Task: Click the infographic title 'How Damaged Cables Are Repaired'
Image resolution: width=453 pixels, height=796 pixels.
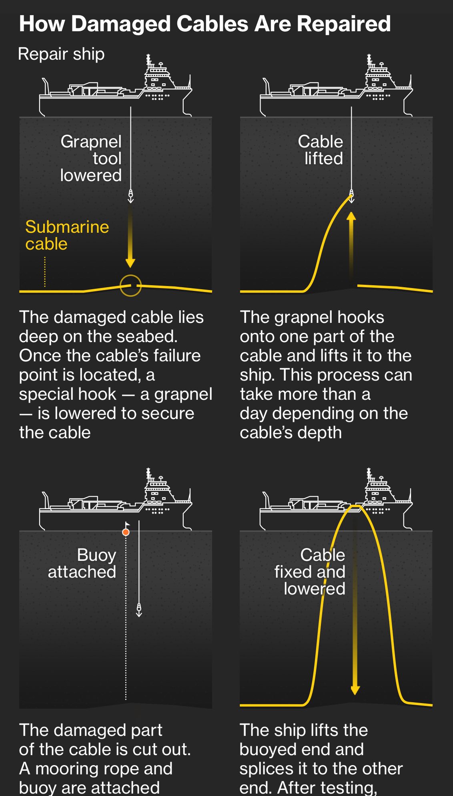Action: click(x=205, y=24)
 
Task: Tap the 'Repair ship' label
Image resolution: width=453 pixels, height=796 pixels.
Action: click(x=61, y=54)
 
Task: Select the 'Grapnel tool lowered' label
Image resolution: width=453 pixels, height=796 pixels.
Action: click(x=91, y=158)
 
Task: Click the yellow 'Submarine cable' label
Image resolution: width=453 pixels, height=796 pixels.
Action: click(x=67, y=235)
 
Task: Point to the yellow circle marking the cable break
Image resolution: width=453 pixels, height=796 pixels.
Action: click(x=130, y=286)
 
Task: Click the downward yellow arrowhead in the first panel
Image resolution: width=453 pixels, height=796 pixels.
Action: click(x=130, y=263)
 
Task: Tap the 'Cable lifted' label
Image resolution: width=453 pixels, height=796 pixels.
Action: click(x=321, y=150)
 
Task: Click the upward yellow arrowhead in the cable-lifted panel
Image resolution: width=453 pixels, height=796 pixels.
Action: click(x=351, y=217)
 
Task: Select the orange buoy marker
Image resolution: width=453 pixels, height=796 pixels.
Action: click(x=126, y=532)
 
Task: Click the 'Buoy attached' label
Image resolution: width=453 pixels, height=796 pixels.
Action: click(x=82, y=563)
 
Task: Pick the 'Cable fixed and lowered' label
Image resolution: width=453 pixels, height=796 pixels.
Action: click(x=310, y=572)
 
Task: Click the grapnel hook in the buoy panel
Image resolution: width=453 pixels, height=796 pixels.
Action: click(x=139, y=610)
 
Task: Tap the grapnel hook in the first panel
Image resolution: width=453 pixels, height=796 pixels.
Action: click(x=130, y=196)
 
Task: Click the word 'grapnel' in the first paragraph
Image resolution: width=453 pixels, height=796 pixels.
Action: click(x=183, y=394)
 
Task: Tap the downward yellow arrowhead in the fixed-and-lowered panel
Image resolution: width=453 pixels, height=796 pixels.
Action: click(x=355, y=690)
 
